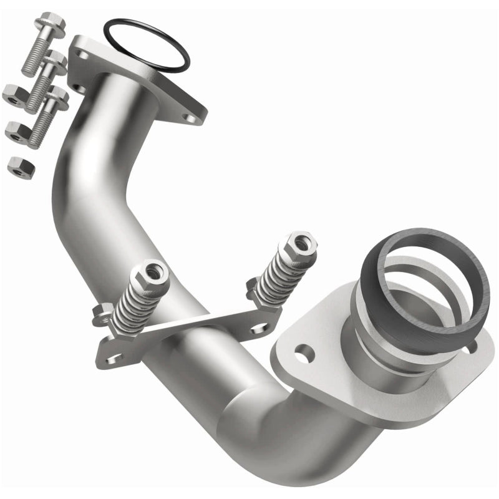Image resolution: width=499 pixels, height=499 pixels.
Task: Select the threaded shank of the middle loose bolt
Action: pyautogui.click(x=39, y=87)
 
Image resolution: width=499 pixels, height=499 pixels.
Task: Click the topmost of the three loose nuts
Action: pyautogui.click(x=14, y=95)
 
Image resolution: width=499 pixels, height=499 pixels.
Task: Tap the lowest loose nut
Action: pyautogui.click(x=21, y=167)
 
